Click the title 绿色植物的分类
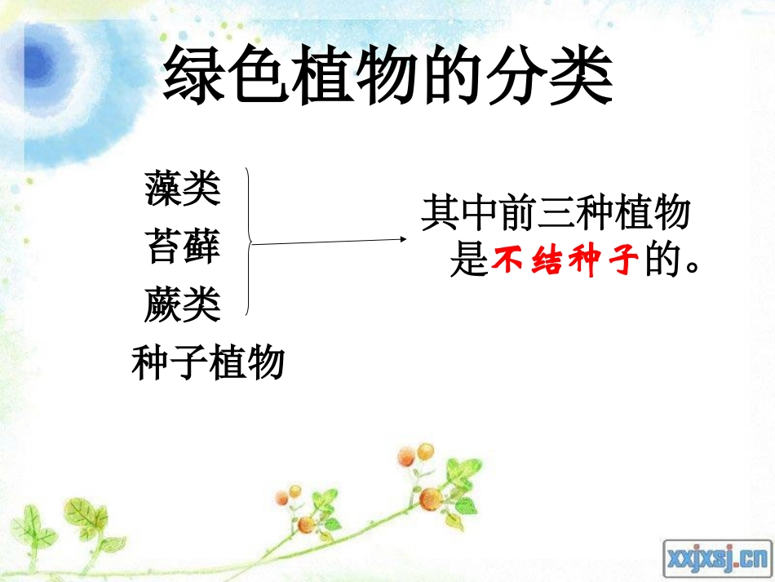pyautogui.click(x=387, y=78)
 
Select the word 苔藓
pyautogui.click(x=183, y=246)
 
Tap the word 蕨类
pyautogui.click(x=183, y=304)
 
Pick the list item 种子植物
pyautogui.click(x=208, y=362)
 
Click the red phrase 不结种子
pyautogui.click(x=565, y=263)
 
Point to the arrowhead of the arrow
pyautogui.click(x=403, y=239)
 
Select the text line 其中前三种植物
pyautogui.click(x=556, y=215)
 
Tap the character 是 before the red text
pyautogui.click(x=469, y=263)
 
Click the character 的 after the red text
pyautogui.click(x=662, y=263)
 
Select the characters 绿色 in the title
pyautogui.click(x=219, y=78)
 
